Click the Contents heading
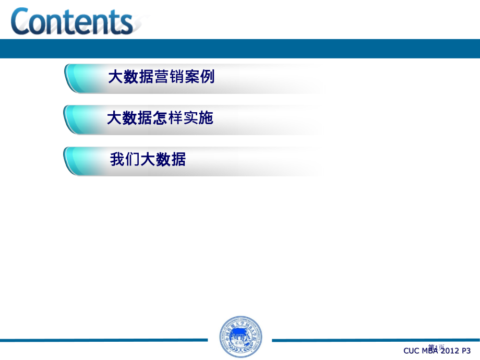point(72,22)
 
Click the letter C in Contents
point(22,22)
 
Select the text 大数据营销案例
point(161,77)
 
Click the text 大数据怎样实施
point(160,118)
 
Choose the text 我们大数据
point(148,160)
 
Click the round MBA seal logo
point(240,337)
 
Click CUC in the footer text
point(412,351)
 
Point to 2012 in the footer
point(448,351)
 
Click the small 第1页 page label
point(436,346)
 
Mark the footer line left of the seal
point(104,340)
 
